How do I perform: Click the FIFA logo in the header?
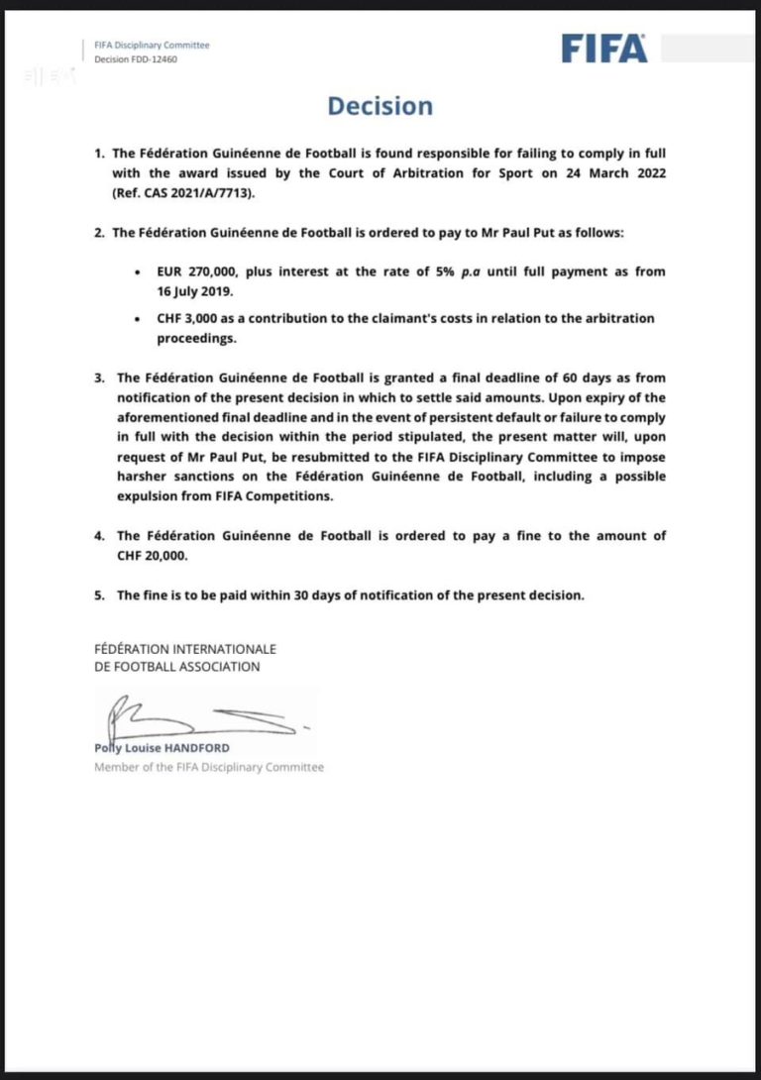point(604,49)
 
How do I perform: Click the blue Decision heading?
point(380,106)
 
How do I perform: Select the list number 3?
point(99,378)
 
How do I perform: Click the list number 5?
point(99,595)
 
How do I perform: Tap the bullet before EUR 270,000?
point(136,271)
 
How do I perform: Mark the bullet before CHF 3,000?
point(136,319)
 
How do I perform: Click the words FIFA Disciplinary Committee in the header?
point(152,45)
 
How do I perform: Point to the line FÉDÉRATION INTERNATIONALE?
point(185,650)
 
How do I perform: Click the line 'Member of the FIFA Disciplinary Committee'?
point(209,767)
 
